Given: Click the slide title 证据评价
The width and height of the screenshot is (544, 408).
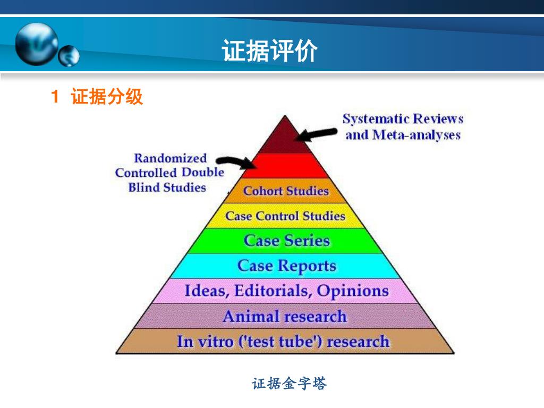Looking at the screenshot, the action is (x=270, y=51).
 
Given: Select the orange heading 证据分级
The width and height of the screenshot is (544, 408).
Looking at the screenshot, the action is (x=107, y=97).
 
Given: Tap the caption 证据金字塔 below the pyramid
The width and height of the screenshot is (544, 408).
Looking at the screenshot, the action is (x=289, y=384).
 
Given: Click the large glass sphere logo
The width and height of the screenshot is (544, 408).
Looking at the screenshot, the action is (x=36, y=45).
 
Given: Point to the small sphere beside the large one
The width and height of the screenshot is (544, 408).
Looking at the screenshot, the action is (x=69, y=56).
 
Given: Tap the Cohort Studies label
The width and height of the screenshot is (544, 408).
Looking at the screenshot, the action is (x=286, y=191).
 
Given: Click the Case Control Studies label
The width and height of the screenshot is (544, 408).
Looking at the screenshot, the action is (x=285, y=216).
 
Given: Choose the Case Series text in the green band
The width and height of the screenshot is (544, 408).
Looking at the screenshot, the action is (x=286, y=241).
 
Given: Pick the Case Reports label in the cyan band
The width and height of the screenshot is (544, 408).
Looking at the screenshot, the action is (x=286, y=266).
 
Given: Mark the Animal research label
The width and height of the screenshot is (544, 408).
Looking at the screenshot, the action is (x=284, y=317).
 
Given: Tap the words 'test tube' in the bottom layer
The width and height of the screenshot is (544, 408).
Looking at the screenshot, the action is (x=280, y=342).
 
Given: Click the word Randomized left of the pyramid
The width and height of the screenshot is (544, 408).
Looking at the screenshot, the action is (x=170, y=158).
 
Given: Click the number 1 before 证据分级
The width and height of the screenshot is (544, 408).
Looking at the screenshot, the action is (x=55, y=97).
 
